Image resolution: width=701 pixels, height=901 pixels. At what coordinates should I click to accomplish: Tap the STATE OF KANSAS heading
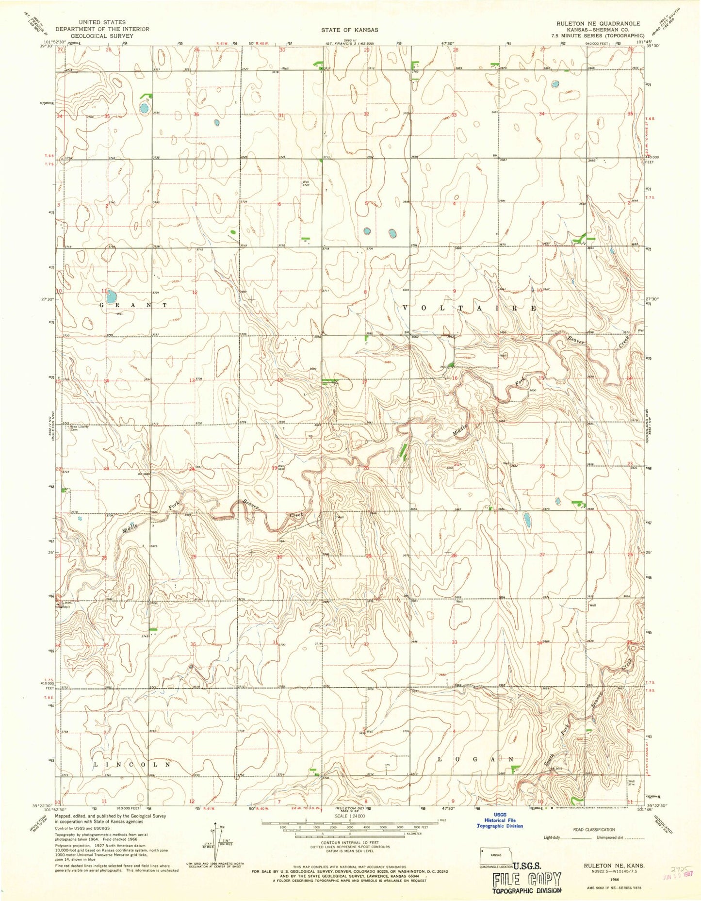(349, 30)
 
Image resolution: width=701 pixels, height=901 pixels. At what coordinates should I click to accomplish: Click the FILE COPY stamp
(527, 879)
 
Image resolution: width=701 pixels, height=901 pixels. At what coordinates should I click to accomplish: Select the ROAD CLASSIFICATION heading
(594, 830)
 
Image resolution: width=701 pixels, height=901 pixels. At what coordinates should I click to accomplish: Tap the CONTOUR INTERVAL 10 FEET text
(349, 843)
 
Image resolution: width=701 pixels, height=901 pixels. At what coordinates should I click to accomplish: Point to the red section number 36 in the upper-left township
(196, 115)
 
